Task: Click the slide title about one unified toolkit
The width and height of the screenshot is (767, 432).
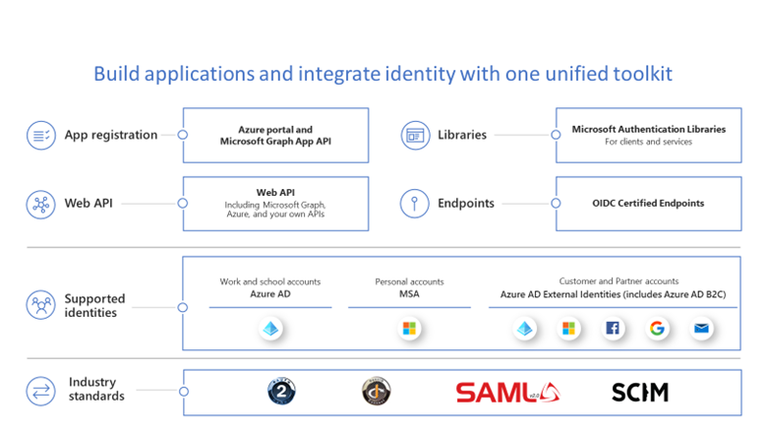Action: (x=383, y=74)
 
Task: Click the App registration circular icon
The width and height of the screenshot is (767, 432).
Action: (x=41, y=135)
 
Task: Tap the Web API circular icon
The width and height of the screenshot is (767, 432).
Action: (x=41, y=204)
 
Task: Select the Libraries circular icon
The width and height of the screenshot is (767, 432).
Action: (x=414, y=135)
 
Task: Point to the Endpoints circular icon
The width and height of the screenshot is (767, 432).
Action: (x=414, y=204)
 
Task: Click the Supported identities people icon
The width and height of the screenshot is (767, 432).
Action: (x=41, y=305)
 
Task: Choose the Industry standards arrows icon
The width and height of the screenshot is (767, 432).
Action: (x=41, y=390)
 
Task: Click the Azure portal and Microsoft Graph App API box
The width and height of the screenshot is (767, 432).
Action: (x=275, y=135)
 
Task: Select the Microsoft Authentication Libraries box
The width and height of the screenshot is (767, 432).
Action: (x=648, y=135)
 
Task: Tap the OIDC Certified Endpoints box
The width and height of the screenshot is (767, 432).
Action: (x=648, y=204)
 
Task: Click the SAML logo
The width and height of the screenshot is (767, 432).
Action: (x=508, y=392)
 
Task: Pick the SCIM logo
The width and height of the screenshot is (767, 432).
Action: (x=639, y=392)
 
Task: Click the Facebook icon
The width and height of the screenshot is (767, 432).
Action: (x=613, y=329)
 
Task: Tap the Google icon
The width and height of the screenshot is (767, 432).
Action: (x=657, y=329)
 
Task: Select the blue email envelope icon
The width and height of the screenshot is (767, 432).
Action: (x=701, y=329)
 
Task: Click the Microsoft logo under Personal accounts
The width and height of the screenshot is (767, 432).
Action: (x=409, y=329)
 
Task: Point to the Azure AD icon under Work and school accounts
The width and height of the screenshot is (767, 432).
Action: (x=270, y=329)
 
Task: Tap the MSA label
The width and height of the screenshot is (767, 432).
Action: (x=409, y=294)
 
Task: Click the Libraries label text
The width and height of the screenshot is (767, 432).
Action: (x=462, y=135)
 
